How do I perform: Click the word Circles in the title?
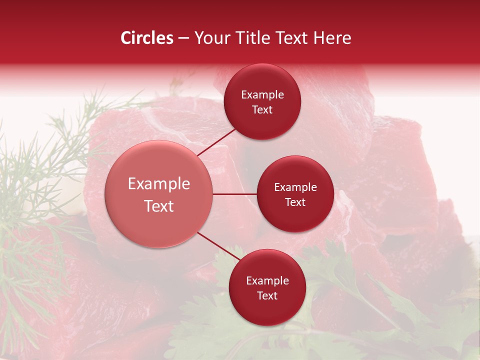[x=147, y=38]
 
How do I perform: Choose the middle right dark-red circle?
[x=295, y=194]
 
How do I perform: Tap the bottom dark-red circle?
[x=267, y=287]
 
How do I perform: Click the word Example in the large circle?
[x=159, y=184]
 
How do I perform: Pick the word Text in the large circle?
[x=159, y=206]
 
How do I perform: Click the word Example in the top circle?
[x=262, y=95]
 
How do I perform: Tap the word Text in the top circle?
[x=262, y=110]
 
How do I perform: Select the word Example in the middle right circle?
[x=295, y=187]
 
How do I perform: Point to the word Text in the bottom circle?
[x=267, y=295]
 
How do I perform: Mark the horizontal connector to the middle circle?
[x=234, y=194]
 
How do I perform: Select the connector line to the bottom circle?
[x=218, y=246]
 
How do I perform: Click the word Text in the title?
[x=294, y=38]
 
